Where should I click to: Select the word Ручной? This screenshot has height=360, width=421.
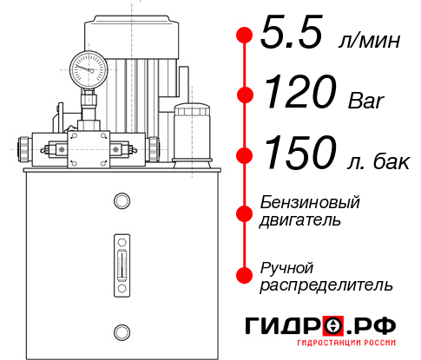pyautogui.click(x=286, y=266)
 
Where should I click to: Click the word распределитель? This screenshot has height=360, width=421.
pyautogui.click(x=326, y=285)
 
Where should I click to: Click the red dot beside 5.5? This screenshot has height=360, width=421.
pyautogui.click(x=245, y=35)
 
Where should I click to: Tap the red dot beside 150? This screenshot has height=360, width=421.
pyautogui.click(x=245, y=155)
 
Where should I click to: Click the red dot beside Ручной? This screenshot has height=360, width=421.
pyautogui.click(x=245, y=275)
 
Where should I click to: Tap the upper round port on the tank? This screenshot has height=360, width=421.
pyautogui.click(x=121, y=202)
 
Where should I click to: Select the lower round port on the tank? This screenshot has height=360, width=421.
pyautogui.click(x=121, y=331)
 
